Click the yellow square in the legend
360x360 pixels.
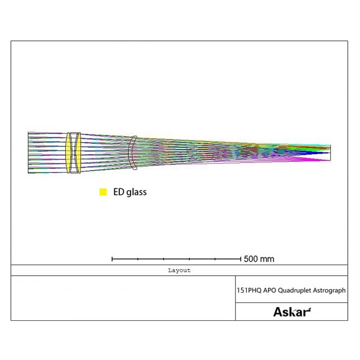(103, 192)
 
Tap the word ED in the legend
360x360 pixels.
(119, 192)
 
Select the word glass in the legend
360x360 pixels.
(137, 193)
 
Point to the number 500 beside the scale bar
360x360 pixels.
(251, 259)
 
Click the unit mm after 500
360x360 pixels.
(267, 259)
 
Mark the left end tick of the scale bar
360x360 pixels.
(112, 258)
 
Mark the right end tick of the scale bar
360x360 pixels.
(241, 258)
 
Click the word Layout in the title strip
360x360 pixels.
(179, 270)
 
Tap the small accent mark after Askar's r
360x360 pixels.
(309, 308)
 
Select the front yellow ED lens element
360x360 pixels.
(69, 152)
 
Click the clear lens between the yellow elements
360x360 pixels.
(73, 152)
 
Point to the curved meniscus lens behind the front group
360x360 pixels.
(132, 152)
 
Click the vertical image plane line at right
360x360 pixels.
(330, 152)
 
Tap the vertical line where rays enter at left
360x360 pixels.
(28, 152)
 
